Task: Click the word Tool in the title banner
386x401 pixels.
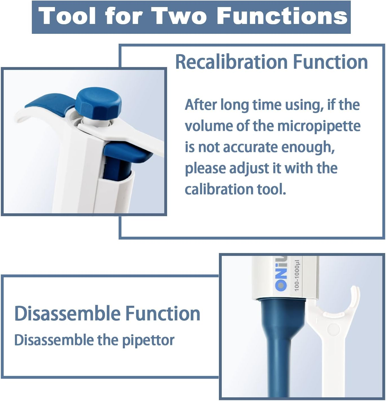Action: tap(68, 16)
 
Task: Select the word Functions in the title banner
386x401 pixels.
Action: tap(282, 16)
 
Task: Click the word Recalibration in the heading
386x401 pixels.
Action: tap(231, 62)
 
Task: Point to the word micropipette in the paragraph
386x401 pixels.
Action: tap(319, 126)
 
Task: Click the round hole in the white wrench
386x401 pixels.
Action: tap(334, 329)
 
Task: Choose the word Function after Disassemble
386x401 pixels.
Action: tap(163, 313)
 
